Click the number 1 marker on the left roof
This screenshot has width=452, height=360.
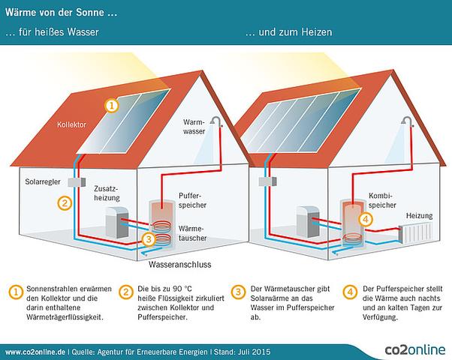coord(111,106)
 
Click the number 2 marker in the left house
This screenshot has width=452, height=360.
coord(65,202)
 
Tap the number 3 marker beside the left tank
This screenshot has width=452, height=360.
coord(149,240)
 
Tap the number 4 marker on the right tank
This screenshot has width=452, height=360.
coord(366,219)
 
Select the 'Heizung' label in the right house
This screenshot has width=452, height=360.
coord(420,215)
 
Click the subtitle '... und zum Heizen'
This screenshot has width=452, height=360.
coord(288,33)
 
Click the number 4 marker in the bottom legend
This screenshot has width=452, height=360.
coord(349,291)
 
